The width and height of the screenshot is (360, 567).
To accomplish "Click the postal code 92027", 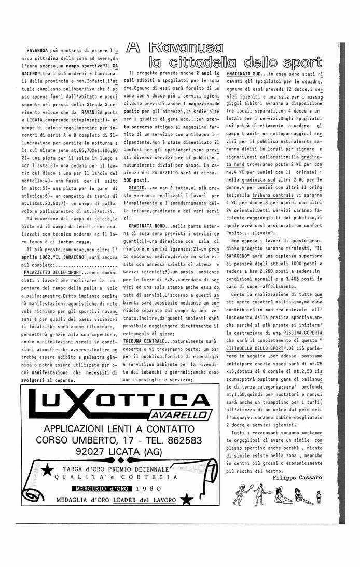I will [x=76, y=451].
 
